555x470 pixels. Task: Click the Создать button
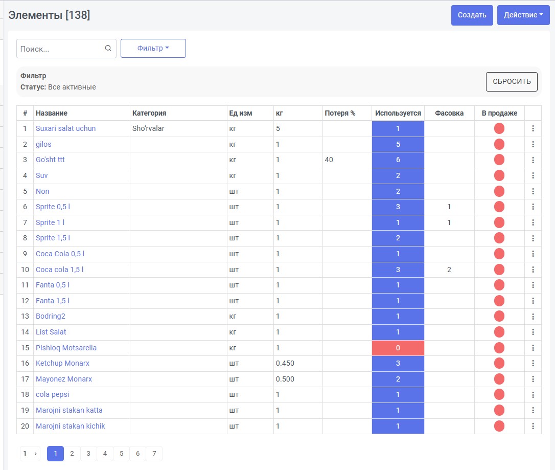pos(472,15)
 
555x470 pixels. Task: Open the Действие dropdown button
pos(523,15)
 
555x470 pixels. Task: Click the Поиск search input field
pos(66,49)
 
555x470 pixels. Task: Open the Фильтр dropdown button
pos(153,48)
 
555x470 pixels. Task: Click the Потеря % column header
pos(340,114)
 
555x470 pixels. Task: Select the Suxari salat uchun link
pos(65,128)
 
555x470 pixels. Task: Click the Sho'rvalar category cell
pos(148,128)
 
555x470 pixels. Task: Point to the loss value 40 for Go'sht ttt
pos(329,160)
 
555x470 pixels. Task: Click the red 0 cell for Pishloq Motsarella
pos(398,348)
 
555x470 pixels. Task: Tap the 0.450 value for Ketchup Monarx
pos(285,364)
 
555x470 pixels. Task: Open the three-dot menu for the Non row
pos(533,191)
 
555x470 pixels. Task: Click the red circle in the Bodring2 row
pos(499,316)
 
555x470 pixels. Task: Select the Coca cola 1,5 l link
pos(59,270)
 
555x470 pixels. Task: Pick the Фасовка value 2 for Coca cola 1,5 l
pos(449,270)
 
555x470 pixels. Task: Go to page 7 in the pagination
pos(154,453)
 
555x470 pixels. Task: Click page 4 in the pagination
pos(105,453)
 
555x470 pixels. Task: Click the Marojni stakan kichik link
pos(70,426)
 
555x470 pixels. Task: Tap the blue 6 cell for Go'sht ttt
pos(398,160)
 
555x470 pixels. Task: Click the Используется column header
pos(398,114)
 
